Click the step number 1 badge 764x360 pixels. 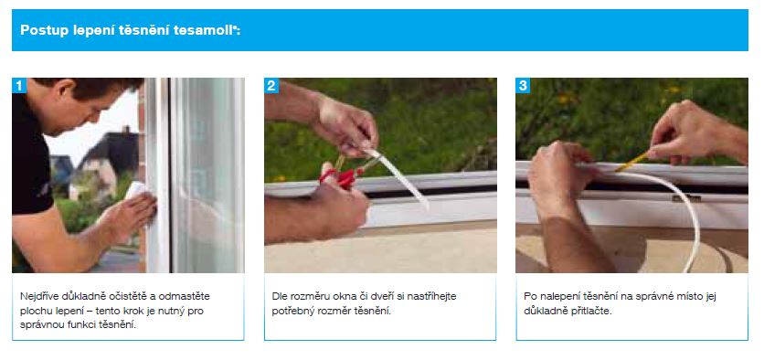tap(19, 86)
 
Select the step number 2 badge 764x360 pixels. tap(271, 86)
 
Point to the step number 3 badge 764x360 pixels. tap(523, 86)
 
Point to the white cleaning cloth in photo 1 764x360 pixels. tap(135, 189)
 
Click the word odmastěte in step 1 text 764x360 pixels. tap(187, 296)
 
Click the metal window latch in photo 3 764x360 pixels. tap(686, 197)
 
